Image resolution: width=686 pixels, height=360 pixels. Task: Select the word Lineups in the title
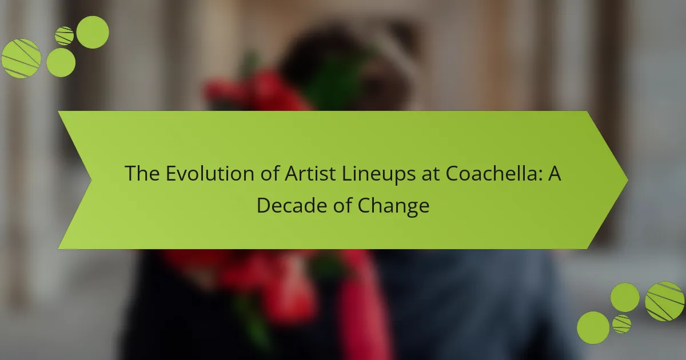(378, 174)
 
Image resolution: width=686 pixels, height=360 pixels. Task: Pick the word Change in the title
(393, 206)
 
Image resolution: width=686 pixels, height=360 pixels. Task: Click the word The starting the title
(142, 173)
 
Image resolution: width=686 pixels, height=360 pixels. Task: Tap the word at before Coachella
(430, 174)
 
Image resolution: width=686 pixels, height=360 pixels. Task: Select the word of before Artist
(269, 173)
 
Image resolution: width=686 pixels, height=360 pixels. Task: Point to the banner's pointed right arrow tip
(628, 180)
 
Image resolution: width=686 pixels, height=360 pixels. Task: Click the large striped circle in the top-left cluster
(21, 58)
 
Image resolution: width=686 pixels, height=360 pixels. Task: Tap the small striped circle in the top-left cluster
(64, 36)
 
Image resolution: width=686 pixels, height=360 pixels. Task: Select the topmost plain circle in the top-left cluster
(93, 32)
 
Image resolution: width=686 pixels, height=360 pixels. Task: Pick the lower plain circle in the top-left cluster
(61, 62)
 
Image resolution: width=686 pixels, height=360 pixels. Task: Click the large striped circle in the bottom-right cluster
(664, 301)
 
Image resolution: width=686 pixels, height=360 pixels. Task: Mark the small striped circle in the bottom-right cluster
(622, 324)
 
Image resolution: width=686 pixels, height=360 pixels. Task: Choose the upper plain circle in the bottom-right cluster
(625, 297)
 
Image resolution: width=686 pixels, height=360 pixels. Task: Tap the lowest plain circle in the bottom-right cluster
(593, 327)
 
